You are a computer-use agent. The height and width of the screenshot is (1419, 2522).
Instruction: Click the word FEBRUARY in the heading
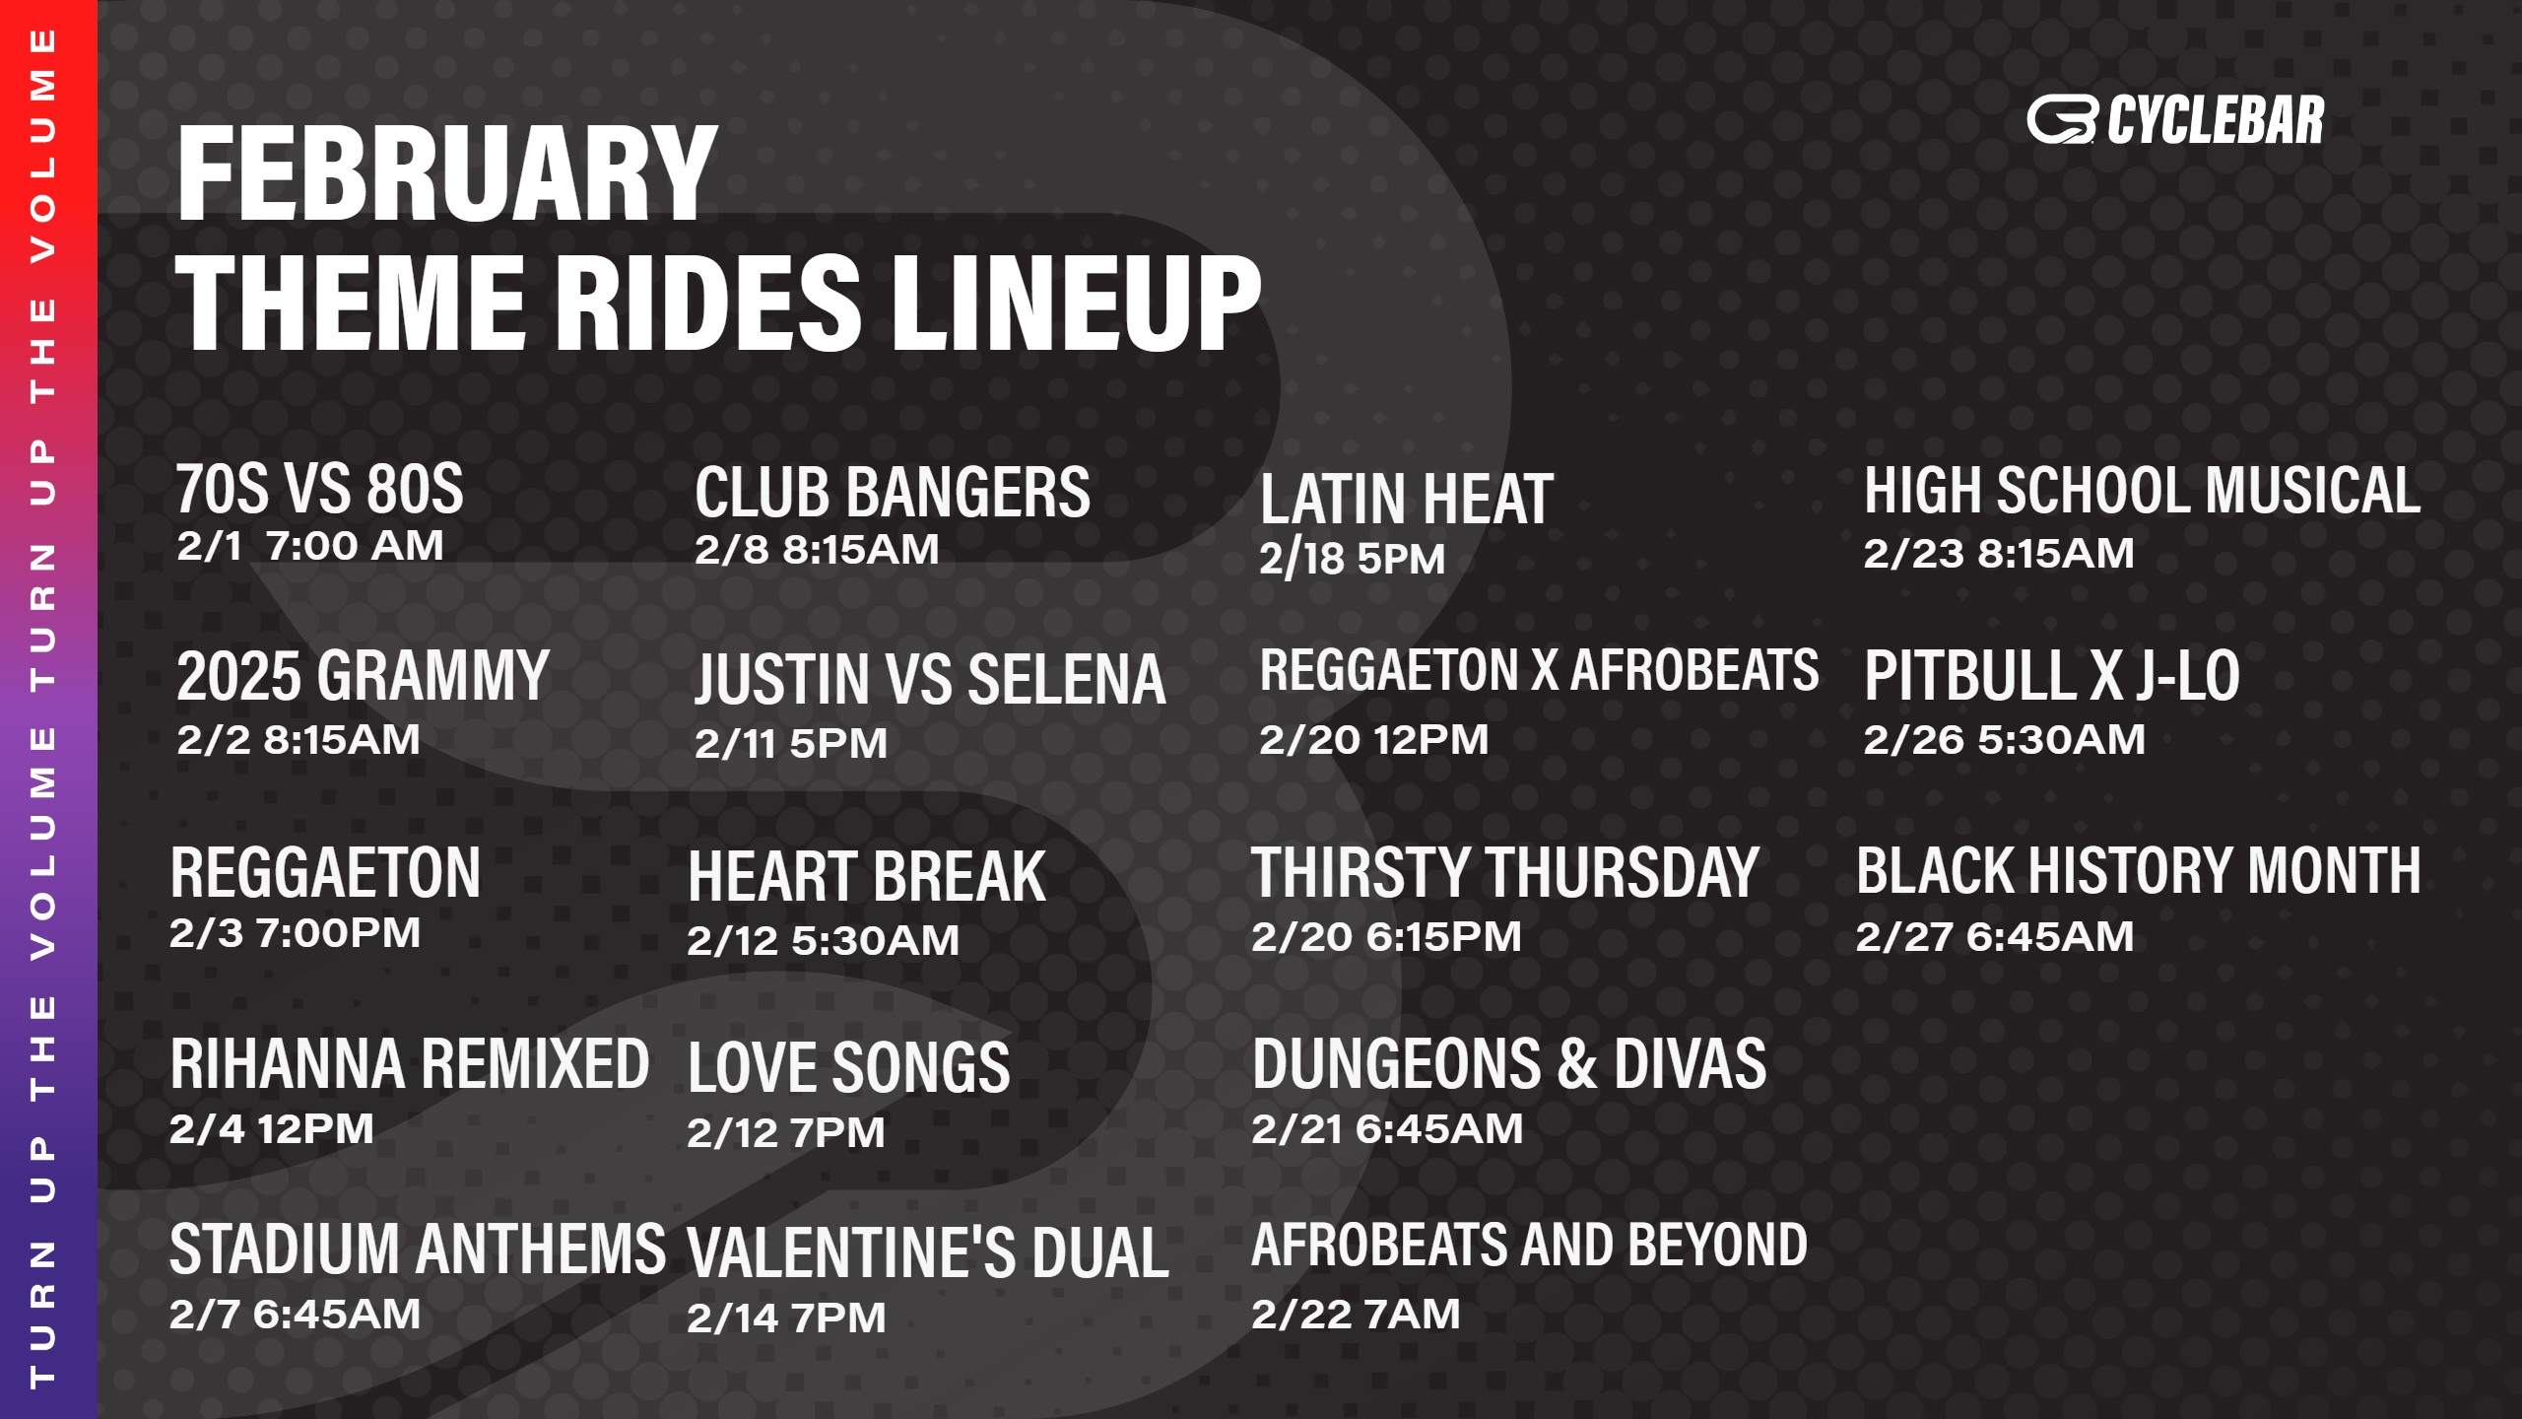click(x=447, y=174)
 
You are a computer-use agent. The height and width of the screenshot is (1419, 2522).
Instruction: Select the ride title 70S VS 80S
click(x=319, y=489)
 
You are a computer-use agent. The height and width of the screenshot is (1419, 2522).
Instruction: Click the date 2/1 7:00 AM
click(x=310, y=546)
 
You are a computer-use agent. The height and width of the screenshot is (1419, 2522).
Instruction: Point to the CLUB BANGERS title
click(x=893, y=492)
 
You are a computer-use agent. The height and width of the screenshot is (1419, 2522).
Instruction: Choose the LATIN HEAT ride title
click(x=1407, y=499)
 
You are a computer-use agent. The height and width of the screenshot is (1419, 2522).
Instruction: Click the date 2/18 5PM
click(x=1352, y=559)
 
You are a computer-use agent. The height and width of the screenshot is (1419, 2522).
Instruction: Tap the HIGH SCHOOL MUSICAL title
click(x=2142, y=490)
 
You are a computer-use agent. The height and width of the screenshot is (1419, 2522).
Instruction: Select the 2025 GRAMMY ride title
click(x=363, y=676)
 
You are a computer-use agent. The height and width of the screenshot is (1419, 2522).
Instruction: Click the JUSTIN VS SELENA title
click(x=930, y=680)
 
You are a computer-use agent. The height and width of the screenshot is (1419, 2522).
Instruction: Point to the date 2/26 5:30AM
click(x=2004, y=739)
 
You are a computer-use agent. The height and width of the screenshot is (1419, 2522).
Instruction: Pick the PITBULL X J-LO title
click(x=2052, y=676)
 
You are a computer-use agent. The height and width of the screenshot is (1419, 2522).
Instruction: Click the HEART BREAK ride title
click(x=867, y=876)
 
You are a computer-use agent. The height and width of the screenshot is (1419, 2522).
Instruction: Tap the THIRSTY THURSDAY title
click(x=1504, y=872)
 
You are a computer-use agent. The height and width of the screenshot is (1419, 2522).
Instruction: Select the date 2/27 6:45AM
click(x=1995, y=936)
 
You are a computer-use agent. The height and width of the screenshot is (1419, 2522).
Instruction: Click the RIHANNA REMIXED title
click(x=410, y=1064)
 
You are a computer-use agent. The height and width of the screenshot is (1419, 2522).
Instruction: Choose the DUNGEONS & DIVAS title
click(x=1509, y=1064)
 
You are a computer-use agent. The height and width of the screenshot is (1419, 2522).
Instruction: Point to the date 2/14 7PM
click(x=786, y=1318)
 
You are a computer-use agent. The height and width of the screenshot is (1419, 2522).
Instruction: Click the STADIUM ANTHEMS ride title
click(x=418, y=1249)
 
